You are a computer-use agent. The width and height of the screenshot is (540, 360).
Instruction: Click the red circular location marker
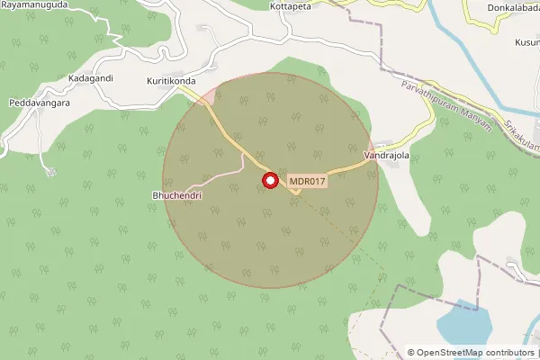click(x=269, y=182)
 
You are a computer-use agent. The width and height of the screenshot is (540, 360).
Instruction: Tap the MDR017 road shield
click(x=307, y=182)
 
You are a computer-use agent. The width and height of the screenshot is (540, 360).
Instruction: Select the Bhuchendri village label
click(x=175, y=194)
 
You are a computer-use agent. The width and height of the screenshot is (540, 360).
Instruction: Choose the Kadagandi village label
click(x=91, y=78)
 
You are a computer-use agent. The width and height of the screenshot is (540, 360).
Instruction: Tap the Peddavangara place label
click(x=36, y=103)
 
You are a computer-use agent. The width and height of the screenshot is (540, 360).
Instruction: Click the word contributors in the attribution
click(x=511, y=353)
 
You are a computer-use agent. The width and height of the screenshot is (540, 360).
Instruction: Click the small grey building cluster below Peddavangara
click(x=51, y=172)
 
